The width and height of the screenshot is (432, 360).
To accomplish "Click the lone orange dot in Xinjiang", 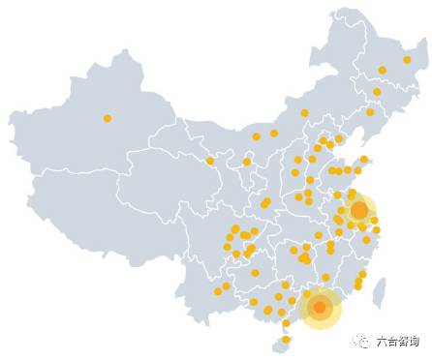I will (x=107, y=118).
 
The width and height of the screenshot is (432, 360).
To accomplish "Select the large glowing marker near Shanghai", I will (x=358, y=209).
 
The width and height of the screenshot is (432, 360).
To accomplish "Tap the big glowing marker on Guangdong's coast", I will (x=320, y=309).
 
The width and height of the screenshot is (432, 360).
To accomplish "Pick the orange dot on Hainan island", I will (x=285, y=339).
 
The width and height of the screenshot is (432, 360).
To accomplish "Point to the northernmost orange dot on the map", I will (x=408, y=59).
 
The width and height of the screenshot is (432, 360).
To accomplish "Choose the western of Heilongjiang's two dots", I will (x=382, y=70).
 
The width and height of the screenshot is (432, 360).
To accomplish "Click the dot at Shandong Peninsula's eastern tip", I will (x=364, y=159).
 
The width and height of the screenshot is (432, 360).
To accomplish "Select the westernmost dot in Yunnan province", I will (x=218, y=291).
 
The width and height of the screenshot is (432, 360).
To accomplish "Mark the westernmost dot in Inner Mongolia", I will (x=209, y=161).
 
